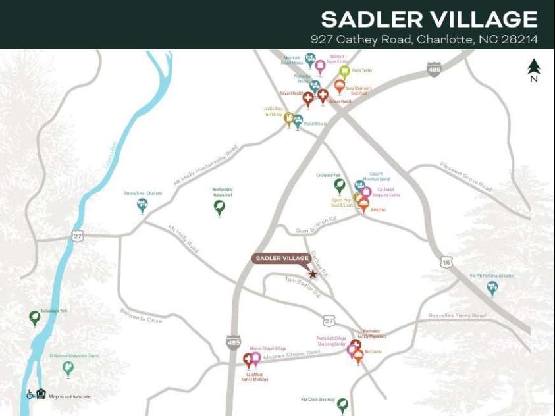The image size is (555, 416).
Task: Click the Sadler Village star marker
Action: coord(313,274)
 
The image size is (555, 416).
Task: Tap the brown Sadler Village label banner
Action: coord(282,259)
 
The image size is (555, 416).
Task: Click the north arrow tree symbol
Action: coord(533,67)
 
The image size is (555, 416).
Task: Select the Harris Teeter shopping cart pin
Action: coord(344,71)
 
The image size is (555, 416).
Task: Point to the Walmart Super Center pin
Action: coord(320,66)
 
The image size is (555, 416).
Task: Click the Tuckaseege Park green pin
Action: coord(34,318)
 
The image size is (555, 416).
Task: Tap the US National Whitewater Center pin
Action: coord(68,368)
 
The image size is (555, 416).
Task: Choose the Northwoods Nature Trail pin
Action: coord(219,207)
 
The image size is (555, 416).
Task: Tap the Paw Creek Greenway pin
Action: coord(342,405)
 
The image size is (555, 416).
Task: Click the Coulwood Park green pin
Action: coord(339,186)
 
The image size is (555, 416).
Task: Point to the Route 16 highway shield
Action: coord(447,262)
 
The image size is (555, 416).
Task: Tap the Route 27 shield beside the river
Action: coord(78,236)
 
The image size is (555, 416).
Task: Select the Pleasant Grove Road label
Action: coord(466,176)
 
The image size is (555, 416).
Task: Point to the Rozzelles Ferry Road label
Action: coord(457,316)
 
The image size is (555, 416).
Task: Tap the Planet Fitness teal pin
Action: coord(298,120)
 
